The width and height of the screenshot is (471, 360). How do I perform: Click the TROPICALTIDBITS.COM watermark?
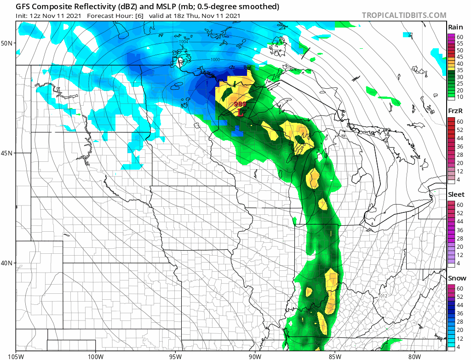coord(404,15)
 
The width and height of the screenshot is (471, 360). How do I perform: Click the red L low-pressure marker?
coord(240,112)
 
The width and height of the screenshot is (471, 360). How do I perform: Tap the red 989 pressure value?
coord(240,104)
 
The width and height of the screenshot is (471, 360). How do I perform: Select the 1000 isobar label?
coord(215,60)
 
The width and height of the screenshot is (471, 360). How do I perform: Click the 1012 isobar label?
coord(383,296)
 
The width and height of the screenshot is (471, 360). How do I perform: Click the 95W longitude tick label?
coord(175,355)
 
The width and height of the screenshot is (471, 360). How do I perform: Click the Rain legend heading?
coord(455,28)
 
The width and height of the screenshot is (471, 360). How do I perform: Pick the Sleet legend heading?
coord(456,194)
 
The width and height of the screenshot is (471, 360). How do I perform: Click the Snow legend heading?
coord(456,278)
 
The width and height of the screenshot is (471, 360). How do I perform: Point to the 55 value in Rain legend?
coord(460,43)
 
